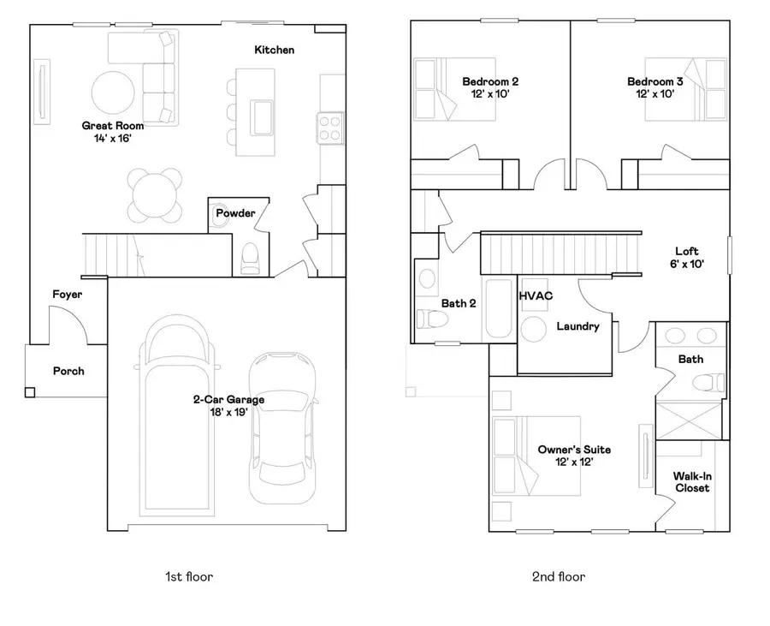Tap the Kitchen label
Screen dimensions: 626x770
pos(275,50)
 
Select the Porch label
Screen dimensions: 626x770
pos(68,371)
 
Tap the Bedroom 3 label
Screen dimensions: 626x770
pos(655,81)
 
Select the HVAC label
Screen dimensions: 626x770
pos(536,295)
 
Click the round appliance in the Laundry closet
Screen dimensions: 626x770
pos(535,330)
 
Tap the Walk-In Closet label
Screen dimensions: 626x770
pos(691,482)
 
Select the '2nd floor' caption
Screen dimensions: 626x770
pos(559,576)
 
